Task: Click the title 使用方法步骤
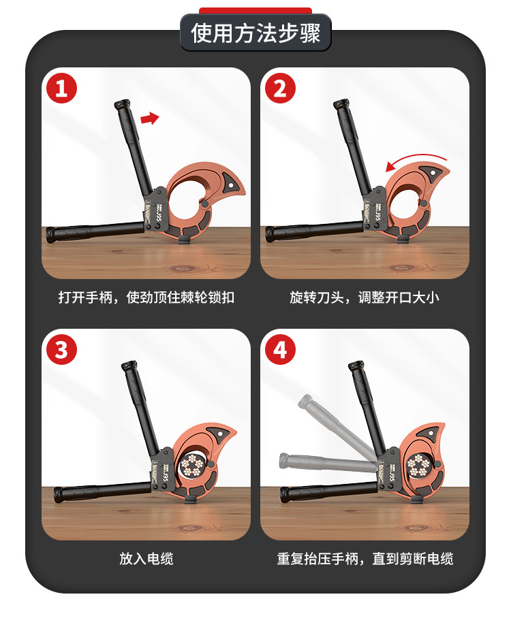pos(255,33)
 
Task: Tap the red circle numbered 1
pos(61,88)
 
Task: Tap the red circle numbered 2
pos(280,88)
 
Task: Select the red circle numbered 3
pos(61,349)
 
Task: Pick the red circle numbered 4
pos(280,349)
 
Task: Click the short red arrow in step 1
pos(149,118)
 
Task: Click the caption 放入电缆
pos(146,559)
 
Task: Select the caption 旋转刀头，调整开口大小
pos(365,297)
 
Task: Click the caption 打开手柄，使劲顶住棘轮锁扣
pos(146,297)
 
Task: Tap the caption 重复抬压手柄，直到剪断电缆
pos(365,559)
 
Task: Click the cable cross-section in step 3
pos(193,464)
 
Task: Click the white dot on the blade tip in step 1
pos(231,186)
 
